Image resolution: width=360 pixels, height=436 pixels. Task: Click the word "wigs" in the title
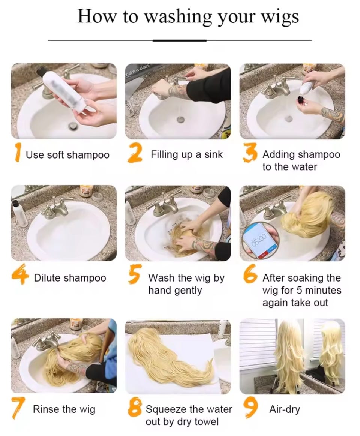(280, 17)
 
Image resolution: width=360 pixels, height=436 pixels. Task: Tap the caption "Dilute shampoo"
(70, 278)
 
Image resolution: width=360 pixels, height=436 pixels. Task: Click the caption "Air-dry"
(285, 409)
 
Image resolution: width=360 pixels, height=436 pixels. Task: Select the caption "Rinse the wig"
(64, 409)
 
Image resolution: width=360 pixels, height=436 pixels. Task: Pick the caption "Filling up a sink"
(187, 154)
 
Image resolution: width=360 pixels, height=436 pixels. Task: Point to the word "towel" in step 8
(206, 422)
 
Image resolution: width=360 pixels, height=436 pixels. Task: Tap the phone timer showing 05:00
(259, 239)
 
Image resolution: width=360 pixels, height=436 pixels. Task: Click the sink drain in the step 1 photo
(73, 126)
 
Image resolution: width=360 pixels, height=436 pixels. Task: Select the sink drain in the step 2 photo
(181, 120)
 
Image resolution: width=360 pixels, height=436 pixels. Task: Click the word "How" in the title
(96, 16)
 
